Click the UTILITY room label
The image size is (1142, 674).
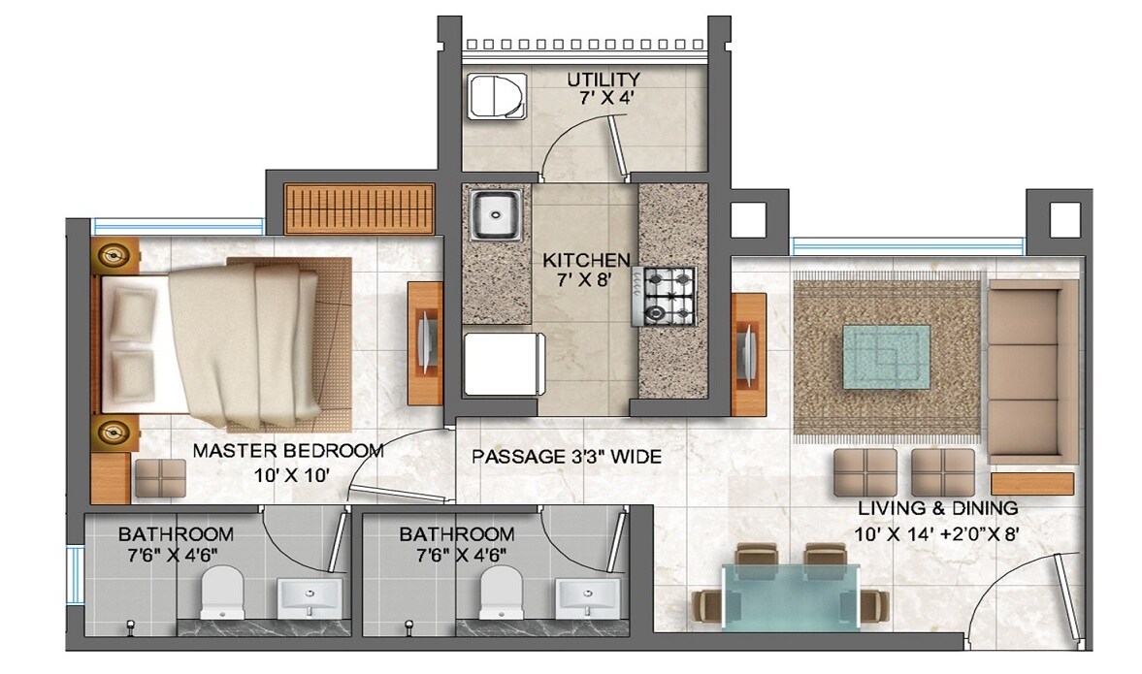(604, 79)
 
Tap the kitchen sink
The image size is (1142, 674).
(496, 215)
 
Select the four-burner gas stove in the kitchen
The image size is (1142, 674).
(669, 296)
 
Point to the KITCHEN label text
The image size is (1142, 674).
(585, 260)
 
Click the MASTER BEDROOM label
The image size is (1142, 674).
(288, 451)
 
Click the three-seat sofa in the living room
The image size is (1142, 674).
(1032, 370)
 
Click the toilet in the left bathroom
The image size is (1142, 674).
(223, 592)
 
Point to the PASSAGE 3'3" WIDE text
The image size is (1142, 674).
(567, 456)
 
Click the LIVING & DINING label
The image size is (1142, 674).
(937, 507)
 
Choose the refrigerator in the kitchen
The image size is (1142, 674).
(501, 363)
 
